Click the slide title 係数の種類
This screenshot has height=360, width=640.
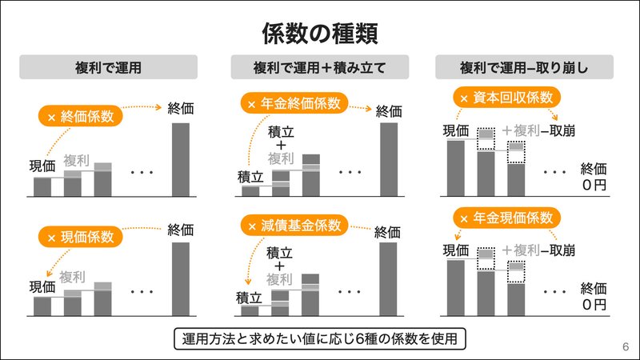click(319, 34)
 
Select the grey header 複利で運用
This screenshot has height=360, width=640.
click(108, 68)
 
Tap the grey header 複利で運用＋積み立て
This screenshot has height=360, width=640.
click(319, 68)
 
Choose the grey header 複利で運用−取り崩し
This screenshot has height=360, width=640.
click(524, 68)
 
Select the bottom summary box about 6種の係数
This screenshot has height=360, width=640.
click(319, 338)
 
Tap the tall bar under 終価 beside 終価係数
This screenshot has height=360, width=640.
click(181, 159)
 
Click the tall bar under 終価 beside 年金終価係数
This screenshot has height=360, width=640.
click(389, 159)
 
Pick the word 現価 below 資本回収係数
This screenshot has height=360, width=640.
click(455, 130)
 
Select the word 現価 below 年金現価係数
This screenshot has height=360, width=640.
click(455, 250)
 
